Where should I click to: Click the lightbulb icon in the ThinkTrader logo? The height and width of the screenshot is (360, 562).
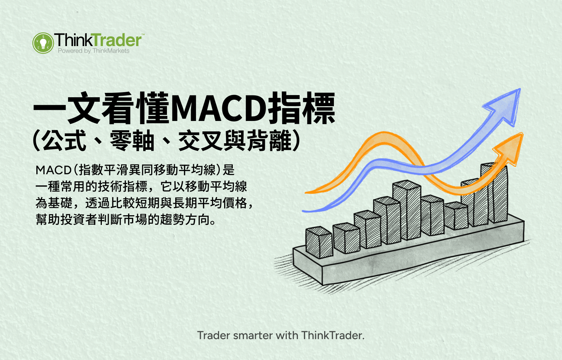click(43, 43)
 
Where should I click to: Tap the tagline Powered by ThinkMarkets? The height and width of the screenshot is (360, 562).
click(94, 51)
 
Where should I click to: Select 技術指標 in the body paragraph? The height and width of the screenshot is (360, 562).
click(123, 186)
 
